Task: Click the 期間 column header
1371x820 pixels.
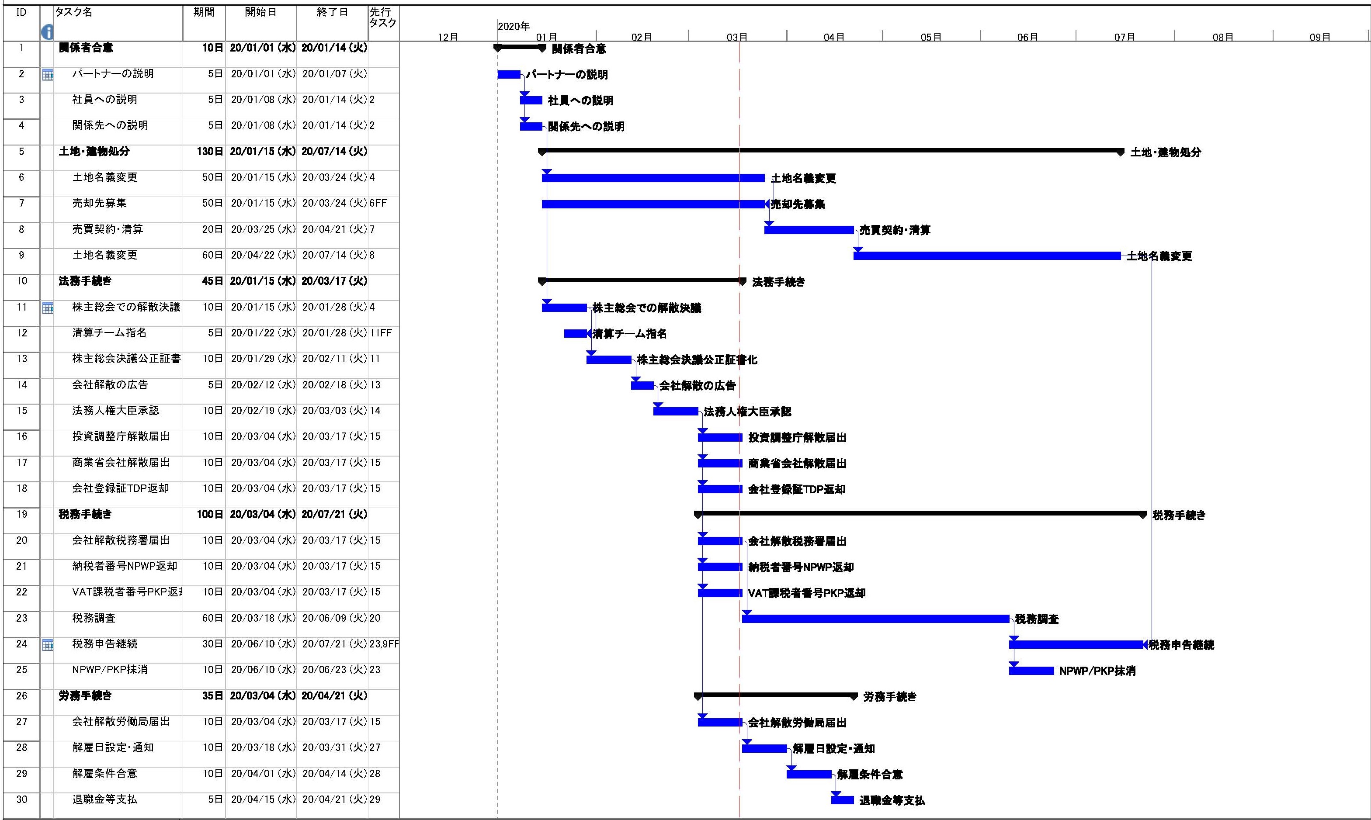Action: (204, 12)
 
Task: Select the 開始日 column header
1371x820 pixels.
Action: (260, 12)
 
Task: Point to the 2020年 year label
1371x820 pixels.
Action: (514, 26)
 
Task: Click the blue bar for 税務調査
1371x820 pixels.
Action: (875, 618)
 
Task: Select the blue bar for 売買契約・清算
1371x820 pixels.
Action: (809, 230)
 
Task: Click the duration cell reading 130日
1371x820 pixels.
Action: (210, 152)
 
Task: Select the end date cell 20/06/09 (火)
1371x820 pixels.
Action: (334, 618)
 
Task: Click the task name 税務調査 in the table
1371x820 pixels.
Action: (94, 618)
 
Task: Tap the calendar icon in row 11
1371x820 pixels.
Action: (48, 308)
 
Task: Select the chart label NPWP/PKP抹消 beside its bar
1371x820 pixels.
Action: (1097, 671)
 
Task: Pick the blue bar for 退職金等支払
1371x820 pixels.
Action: (842, 800)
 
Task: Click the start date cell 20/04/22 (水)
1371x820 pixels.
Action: (263, 255)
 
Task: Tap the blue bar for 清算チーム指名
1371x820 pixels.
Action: (575, 334)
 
